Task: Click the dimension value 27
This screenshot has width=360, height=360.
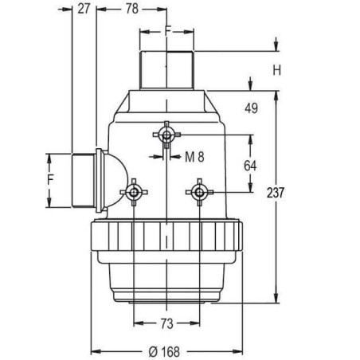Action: pos(84,9)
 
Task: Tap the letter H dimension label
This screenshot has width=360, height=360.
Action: pos(277,70)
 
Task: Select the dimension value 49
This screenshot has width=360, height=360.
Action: pos(252,108)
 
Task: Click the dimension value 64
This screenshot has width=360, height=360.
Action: pos(250,166)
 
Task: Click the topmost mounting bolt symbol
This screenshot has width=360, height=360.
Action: pos(166,135)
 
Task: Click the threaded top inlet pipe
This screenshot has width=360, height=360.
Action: pos(166,70)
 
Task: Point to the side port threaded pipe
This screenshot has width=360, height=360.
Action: pos(81,180)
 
